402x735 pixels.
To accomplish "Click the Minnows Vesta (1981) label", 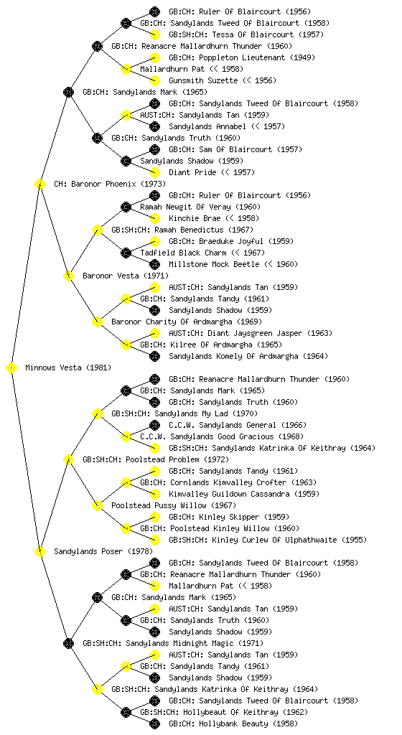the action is pos(68,368).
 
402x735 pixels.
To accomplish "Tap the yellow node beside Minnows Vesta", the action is pos(11,368).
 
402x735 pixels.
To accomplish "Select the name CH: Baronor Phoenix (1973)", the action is pos(110,184).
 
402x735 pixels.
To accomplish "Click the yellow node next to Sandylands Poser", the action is pos(39,552).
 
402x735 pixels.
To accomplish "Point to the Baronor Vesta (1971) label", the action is pos(126,276).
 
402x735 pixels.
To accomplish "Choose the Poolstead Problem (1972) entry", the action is pos(156,460).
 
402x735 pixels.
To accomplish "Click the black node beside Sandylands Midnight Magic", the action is pos(68,644).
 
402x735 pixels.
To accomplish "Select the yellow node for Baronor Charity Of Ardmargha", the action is pos(97,322).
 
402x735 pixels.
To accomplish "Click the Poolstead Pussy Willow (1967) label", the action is pos(174,506).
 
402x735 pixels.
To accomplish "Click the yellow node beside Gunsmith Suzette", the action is pos(154,80).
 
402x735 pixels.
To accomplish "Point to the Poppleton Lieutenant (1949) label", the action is pos(242,57).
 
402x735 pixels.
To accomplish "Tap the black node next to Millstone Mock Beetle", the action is pos(154,264).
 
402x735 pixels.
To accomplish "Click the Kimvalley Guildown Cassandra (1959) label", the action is pos(244,494).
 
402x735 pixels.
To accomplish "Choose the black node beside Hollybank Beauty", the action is pos(154,724).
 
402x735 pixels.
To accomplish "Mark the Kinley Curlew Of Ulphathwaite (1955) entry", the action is pos(268,540).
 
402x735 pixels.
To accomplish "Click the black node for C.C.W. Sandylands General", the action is pos(154,425).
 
